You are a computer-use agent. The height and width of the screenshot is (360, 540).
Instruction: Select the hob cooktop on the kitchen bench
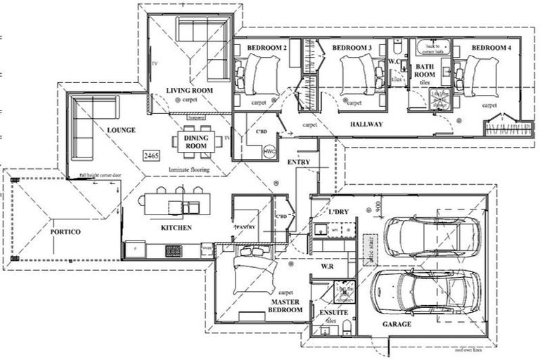pos(172,250)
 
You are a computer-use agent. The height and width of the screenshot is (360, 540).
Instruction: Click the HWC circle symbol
pos(269,151)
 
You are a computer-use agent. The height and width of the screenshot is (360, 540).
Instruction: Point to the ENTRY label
pos(299,162)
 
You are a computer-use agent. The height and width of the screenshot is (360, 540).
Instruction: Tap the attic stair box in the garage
pos(366,247)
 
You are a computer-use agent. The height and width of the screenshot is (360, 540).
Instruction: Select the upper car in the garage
pos(432,236)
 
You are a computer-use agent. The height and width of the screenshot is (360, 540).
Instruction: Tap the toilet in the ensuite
pos(328,329)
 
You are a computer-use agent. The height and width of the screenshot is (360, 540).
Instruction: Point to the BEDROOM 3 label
pos(352,48)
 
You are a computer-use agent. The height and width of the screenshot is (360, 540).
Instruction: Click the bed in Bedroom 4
pos(478,74)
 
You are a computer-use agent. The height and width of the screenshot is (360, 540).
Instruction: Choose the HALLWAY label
pos(364,124)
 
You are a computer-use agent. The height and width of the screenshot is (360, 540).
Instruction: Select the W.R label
pos(326,266)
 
